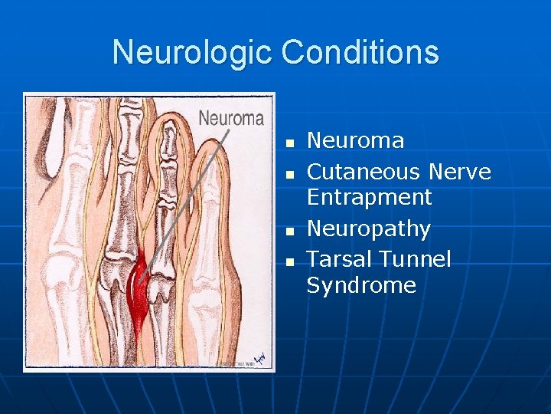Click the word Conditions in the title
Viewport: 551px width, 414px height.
[x=360, y=53]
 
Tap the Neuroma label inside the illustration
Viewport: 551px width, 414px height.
[x=231, y=118]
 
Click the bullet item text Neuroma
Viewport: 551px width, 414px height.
[x=355, y=140]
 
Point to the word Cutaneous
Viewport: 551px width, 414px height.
[x=364, y=172]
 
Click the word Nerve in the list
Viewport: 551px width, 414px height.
[x=460, y=172]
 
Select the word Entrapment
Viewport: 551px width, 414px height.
[x=369, y=197]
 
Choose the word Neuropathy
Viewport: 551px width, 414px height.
[x=368, y=229]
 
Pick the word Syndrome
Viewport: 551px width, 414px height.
[x=361, y=286]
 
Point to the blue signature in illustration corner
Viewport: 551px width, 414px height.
[x=259, y=357]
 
